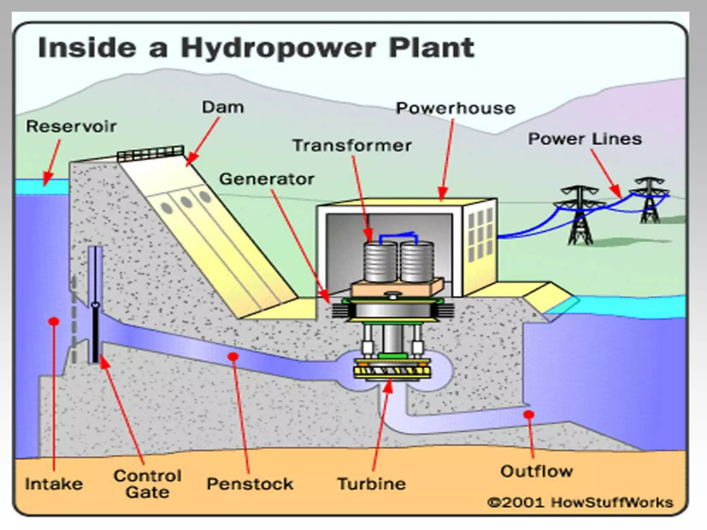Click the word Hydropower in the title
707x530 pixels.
tap(278, 48)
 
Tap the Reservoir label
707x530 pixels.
tap(71, 126)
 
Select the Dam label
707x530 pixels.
tap(223, 107)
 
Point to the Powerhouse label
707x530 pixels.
tap(456, 108)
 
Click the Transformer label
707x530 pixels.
tap(352, 145)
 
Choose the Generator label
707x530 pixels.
tap(267, 179)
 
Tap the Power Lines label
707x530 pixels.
tap(585, 139)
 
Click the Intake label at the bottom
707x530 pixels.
tap(54, 484)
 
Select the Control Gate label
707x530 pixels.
tap(148, 484)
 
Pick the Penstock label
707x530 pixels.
tap(250, 484)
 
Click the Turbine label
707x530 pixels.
tap(371, 484)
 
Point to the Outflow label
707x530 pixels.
tap(536, 471)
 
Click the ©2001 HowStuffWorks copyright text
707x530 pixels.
tap(580, 502)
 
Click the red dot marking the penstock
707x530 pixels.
tap(233, 356)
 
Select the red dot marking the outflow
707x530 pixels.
tap(529, 414)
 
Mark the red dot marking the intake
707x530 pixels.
tap(54, 322)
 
